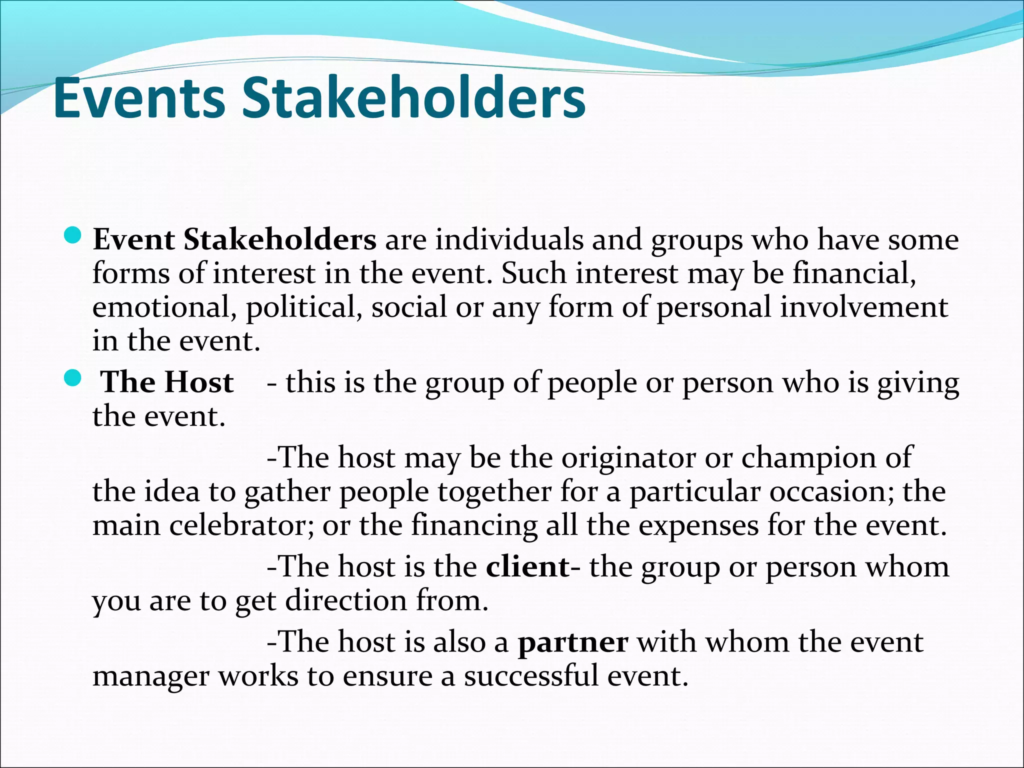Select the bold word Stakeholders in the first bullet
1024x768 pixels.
point(280,239)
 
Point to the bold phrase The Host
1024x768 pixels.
point(167,382)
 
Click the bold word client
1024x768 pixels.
point(528,567)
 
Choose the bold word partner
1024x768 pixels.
point(572,642)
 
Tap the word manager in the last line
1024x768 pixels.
point(150,676)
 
